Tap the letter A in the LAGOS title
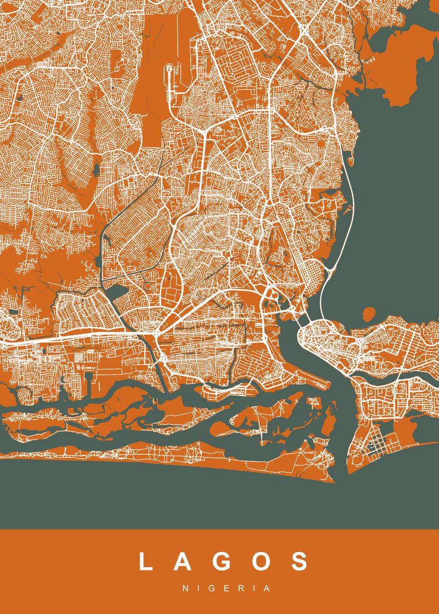coord(184,561)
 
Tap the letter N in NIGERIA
coord(185,588)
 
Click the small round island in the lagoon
coord(369,313)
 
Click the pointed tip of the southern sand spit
coord(334,481)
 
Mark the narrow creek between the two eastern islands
coord(389,381)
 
